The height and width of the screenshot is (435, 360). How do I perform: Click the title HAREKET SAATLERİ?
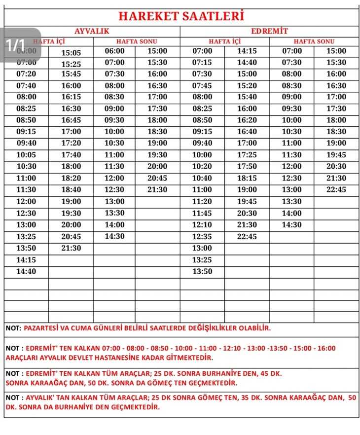[181, 16]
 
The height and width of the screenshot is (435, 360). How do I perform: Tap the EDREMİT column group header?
[269, 31]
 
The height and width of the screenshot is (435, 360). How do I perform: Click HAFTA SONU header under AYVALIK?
[136, 41]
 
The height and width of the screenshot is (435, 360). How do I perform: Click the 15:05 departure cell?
[71, 52]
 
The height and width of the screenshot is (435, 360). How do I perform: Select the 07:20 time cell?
[26, 74]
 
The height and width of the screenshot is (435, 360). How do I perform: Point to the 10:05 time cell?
[26, 155]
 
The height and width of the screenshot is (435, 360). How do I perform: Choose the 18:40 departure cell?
[71, 190]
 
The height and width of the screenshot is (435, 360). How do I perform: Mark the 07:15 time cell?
[202, 63]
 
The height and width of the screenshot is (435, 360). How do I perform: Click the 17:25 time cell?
[247, 155]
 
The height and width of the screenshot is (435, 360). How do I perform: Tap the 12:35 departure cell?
[202, 236]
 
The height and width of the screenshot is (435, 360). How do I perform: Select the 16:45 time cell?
[71, 120]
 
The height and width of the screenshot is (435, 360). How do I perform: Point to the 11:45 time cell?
[202, 213]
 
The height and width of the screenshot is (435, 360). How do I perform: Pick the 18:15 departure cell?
[247, 178]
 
